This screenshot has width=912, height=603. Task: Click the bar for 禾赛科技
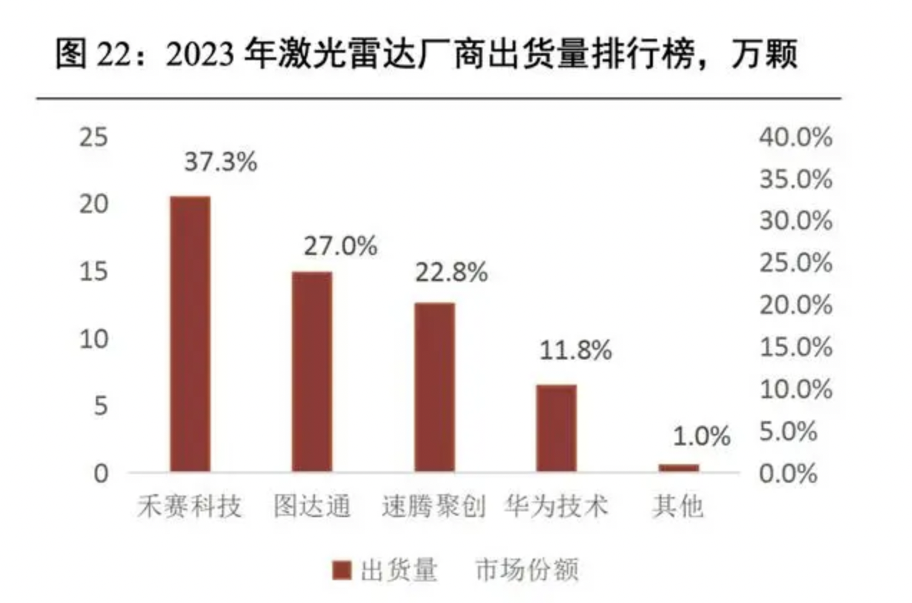tap(190, 334)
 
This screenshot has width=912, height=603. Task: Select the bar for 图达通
tap(311, 372)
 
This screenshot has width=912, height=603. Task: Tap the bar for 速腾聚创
tap(435, 387)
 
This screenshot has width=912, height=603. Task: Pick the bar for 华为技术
tap(556, 428)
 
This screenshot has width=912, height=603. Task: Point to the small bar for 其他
tap(678, 468)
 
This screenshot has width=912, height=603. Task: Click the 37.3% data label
tap(220, 162)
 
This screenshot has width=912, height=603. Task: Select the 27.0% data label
tap(340, 246)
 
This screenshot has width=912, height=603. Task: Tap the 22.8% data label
tap(451, 273)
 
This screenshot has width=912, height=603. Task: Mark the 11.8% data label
tap(576, 351)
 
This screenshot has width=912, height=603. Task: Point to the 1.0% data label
tap(701, 436)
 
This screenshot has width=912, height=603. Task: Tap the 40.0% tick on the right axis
tap(795, 137)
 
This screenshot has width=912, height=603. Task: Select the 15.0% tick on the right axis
tap(795, 347)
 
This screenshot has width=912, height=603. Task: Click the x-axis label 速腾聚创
tap(434, 507)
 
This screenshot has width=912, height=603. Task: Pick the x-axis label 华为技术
tap(556, 507)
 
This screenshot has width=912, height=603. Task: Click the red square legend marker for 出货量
tap(343, 571)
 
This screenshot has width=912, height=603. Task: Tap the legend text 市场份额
tap(526, 571)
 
